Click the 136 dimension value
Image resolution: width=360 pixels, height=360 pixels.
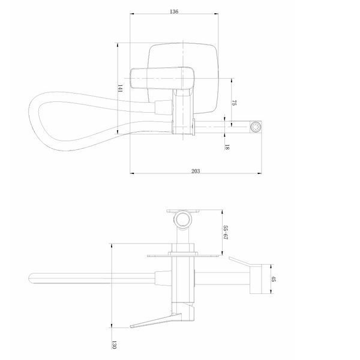(x=174, y=11)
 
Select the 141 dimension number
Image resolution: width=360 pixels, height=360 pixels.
(x=120, y=88)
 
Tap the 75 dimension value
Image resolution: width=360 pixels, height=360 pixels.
(x=234, y=103)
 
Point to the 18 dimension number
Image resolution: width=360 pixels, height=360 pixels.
(x=227, y=147)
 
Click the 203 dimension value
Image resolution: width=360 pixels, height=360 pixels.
(x=196, y=171)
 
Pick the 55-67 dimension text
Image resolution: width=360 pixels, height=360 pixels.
(x=226, y=232)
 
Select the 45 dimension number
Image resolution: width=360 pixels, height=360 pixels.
(x=274, y=279)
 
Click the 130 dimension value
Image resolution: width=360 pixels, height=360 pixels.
(x=114, y=345)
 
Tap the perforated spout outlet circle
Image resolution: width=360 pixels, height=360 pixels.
(x=256, y=127)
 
